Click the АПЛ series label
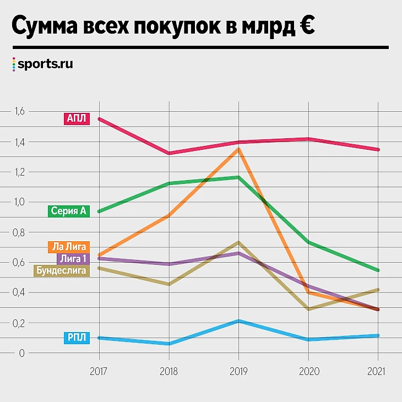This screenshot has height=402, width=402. point(76,118)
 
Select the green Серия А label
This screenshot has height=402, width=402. point(68,211)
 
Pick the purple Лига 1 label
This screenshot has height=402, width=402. point(72,258)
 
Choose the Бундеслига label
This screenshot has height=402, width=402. point(61,270)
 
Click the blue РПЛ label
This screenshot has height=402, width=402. point(76,338)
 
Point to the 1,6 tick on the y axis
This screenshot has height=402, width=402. point(20,112)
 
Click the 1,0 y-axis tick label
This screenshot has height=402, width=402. point(20,202)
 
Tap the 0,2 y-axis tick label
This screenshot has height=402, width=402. point(20,323)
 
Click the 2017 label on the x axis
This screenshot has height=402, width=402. point(99,371)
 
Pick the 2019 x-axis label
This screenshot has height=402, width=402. point(238,371)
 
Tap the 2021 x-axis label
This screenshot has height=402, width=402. point(377,371)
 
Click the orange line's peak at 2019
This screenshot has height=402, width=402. point(238,149)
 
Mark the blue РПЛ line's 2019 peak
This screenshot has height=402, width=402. point(238,321)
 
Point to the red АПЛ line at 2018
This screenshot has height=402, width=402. point(169,153)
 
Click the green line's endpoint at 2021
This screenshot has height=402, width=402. point(378,270)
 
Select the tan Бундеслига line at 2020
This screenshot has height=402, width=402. point(308,309)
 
